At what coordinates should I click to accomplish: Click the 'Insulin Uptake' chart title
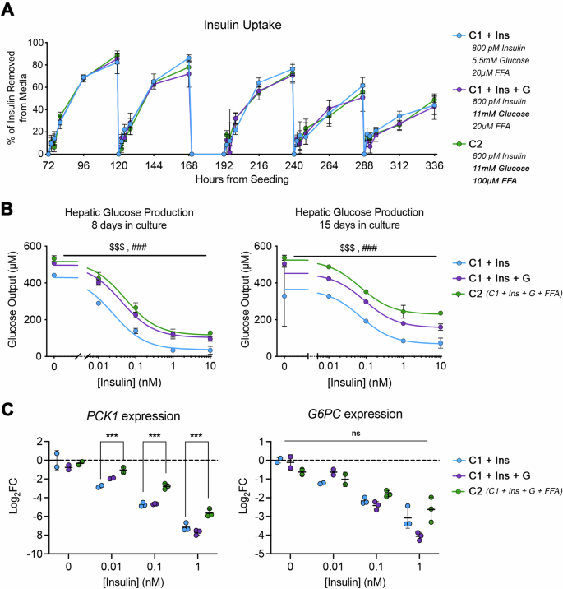tap(244, 26)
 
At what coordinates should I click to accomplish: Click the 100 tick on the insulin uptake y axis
tap(33, 43)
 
